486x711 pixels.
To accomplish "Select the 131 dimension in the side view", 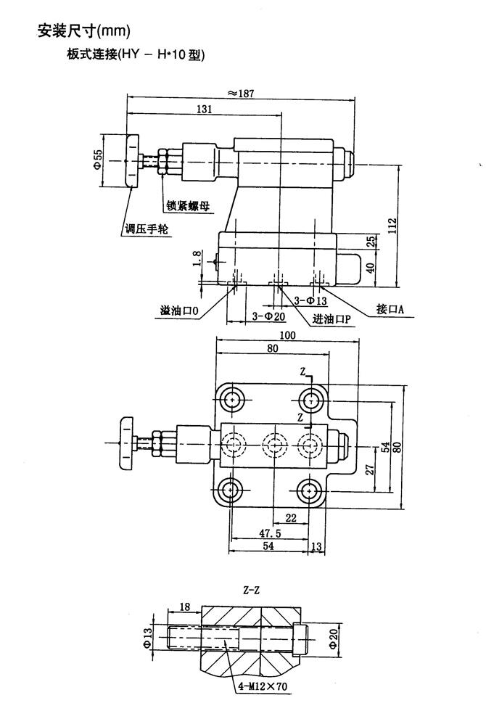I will coord(207,109).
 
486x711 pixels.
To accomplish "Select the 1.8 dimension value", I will coord(197,259).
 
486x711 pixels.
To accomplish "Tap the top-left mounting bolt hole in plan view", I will coord(232,399).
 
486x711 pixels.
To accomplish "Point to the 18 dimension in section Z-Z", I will coord(184,606).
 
